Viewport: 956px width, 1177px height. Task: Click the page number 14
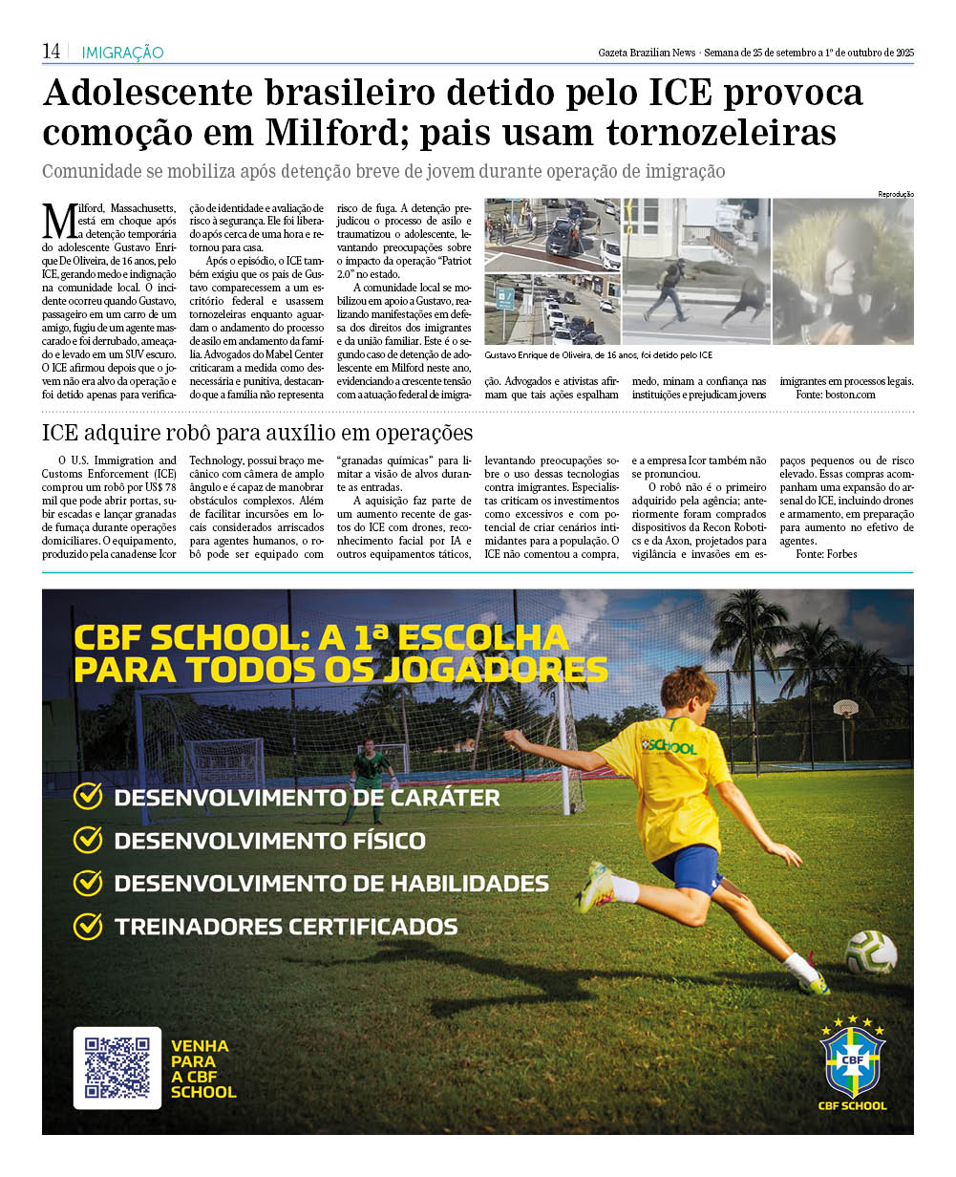click(51, 52)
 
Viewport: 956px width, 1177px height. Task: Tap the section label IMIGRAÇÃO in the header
click(122, 53)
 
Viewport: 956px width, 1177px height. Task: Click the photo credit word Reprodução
click(895, 194)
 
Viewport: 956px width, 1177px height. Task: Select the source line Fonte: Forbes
click(826, 554)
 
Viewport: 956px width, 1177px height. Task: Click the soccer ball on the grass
click(870, 952)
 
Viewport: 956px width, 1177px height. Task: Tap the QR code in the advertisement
click(117, 1067)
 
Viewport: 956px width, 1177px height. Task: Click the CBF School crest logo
click(853, 1060)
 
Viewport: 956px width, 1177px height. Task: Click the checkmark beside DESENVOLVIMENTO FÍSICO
click(88, 840)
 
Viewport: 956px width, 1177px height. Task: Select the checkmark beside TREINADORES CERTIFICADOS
click(88, 926)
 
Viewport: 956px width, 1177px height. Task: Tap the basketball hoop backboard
click(844, 709)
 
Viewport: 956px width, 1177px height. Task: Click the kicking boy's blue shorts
click(686, 867)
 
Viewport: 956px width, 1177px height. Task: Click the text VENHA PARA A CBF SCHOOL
click(202, 1069)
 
